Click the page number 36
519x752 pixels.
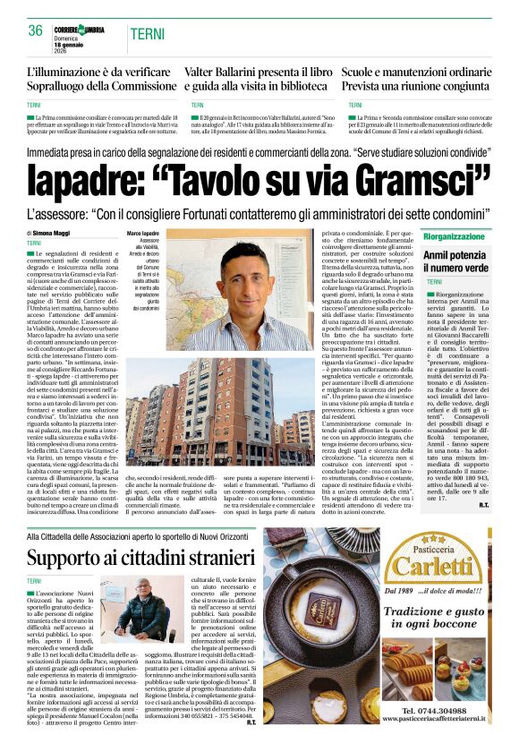point(36,30)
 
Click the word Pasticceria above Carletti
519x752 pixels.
point(433,543)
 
